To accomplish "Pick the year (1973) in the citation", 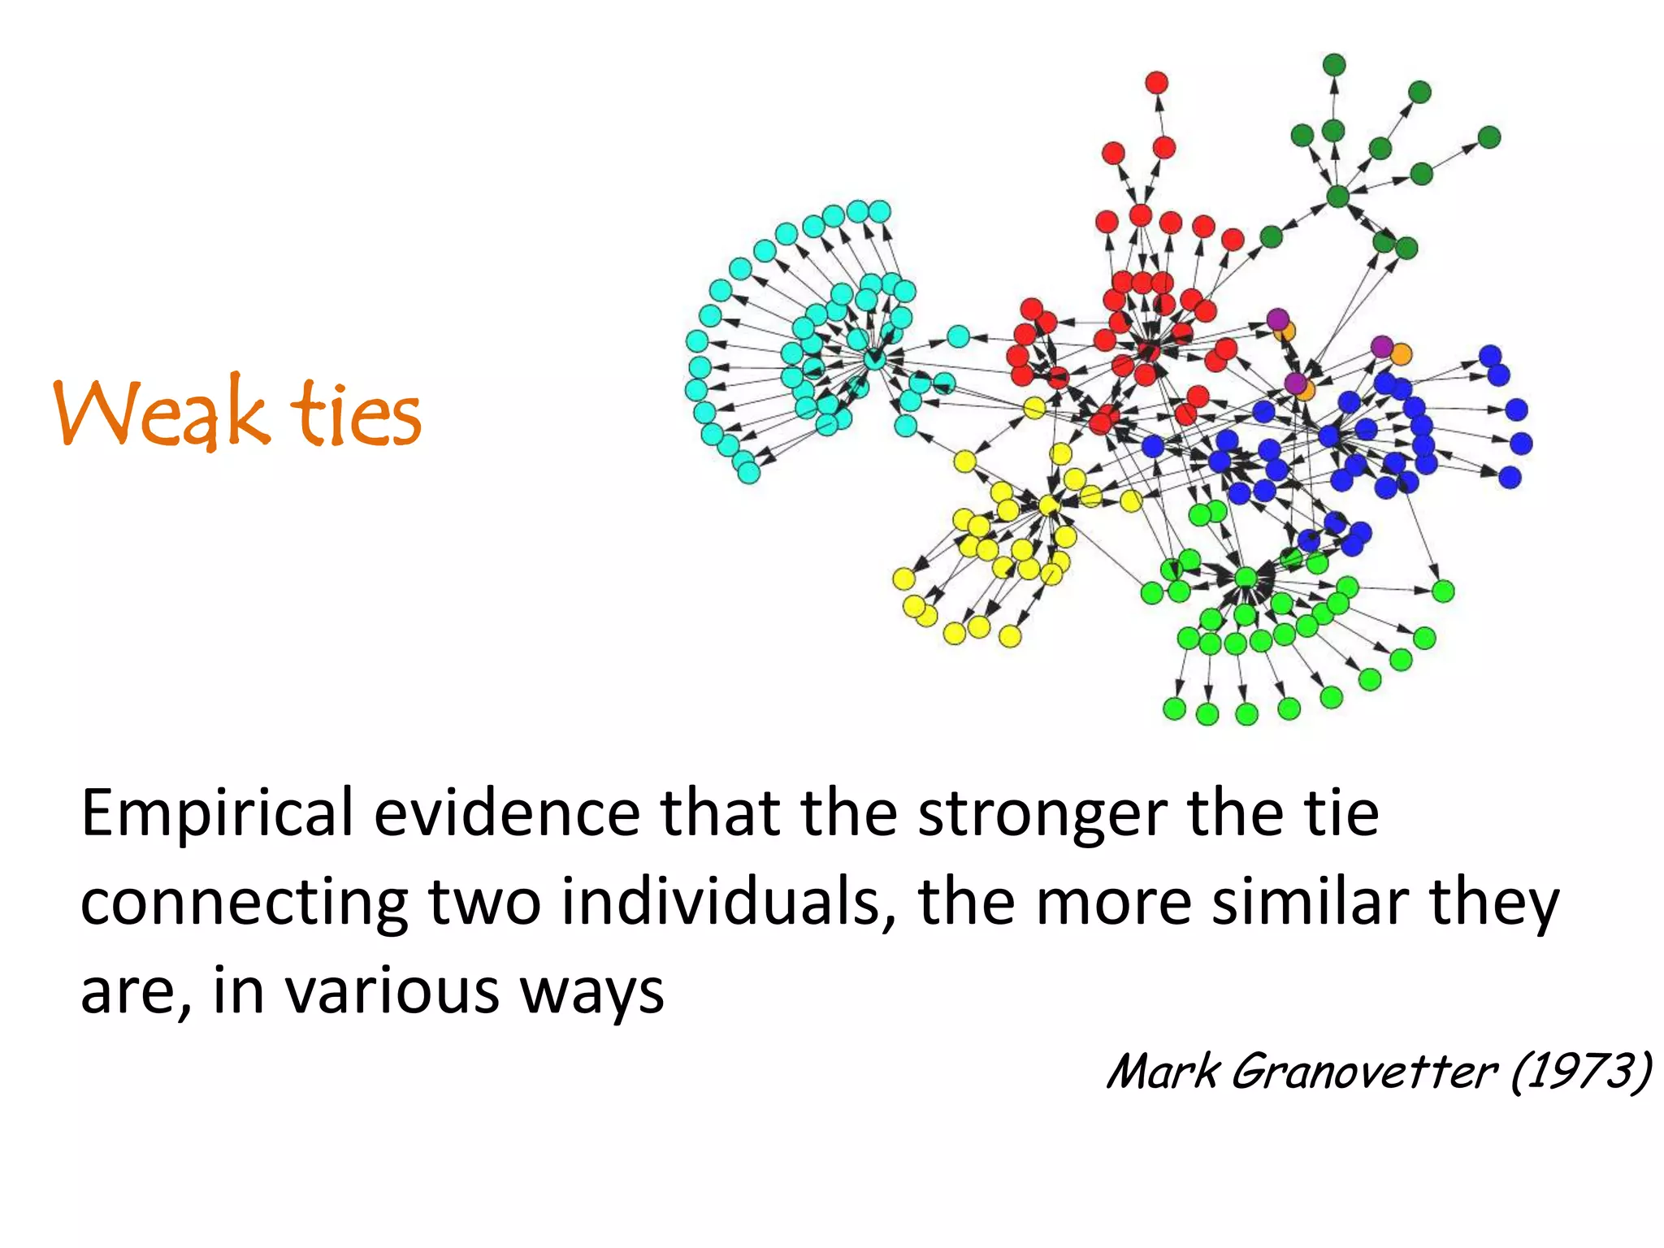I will click(1581, 1071).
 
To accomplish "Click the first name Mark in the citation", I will click(1163, 1071).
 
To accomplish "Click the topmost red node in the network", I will click(1157, 83).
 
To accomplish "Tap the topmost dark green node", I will click(1334, 65).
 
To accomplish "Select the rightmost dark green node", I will click(1488, 137).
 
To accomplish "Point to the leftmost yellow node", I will click(903, 578).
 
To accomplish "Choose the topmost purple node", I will click(1278, 318).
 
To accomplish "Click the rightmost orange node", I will click(1401, 354).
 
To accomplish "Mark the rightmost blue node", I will click(1521, 444).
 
